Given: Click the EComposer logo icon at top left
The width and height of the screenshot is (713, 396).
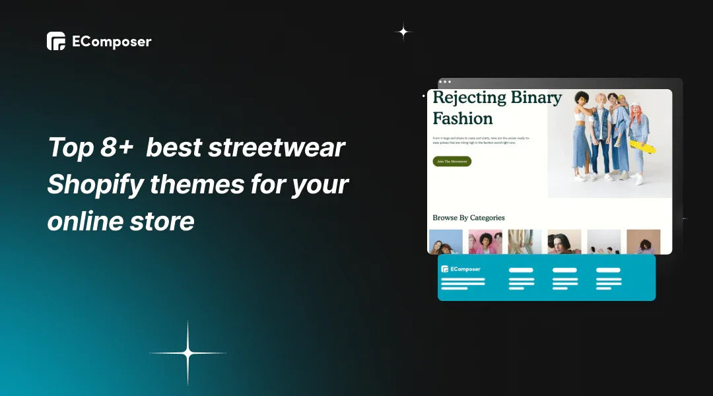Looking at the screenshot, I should pos(56,41).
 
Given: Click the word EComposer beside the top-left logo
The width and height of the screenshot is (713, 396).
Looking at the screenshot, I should pos(112,42).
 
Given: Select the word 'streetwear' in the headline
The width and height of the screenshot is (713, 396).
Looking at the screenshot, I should pos(276,147).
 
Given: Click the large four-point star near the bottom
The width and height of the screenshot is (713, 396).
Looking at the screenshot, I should pos(188,354).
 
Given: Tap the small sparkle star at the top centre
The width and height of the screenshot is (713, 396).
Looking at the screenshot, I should pos(403,31).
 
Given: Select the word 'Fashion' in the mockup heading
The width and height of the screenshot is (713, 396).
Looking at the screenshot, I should pos(463,119).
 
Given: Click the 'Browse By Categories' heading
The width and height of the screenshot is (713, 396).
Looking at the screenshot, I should pos(469,218).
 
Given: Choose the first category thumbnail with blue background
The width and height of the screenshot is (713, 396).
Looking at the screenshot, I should pos(446,242).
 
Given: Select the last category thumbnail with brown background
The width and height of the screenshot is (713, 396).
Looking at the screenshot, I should pos(643,242).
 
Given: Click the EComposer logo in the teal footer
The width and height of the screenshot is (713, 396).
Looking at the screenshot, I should pos(461,269).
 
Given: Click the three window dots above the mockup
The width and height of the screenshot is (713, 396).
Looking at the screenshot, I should pos(445,82).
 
